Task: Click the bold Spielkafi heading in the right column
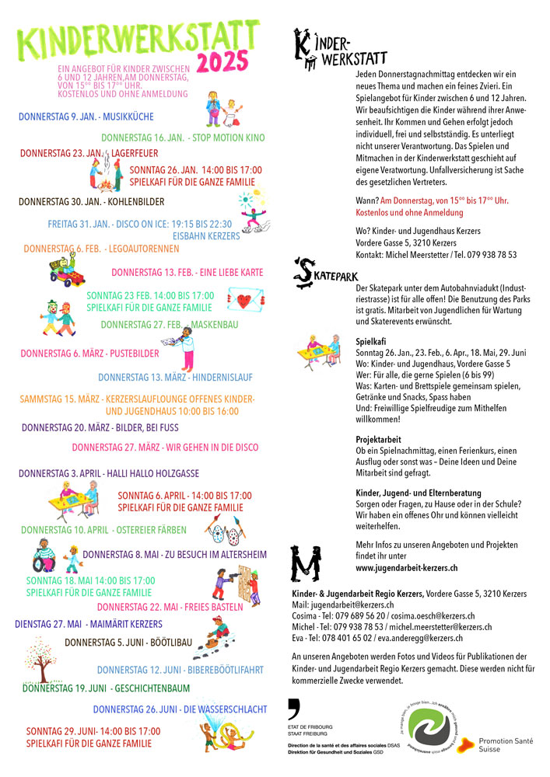click(372, 341)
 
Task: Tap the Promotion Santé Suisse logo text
click(506, 745)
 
